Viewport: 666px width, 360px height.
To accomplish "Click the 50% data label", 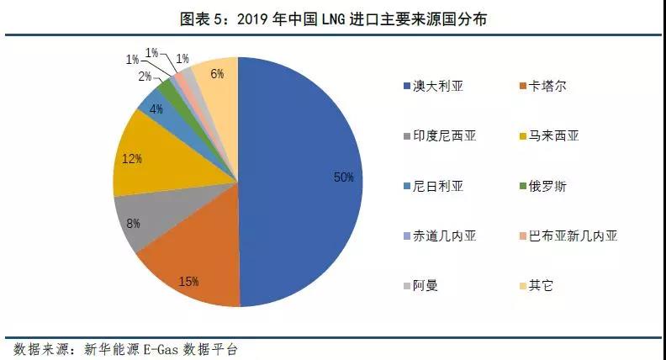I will [x=342, y=177].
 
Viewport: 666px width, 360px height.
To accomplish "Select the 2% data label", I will [x=145, y=77].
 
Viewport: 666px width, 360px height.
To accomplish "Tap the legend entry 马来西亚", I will [x=556, y=135].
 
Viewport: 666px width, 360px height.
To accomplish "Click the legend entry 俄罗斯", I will [x=550, y=185].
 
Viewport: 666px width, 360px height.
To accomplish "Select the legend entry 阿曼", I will [x=425, y=285].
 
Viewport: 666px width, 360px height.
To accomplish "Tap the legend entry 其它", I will [x=544, y=285].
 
